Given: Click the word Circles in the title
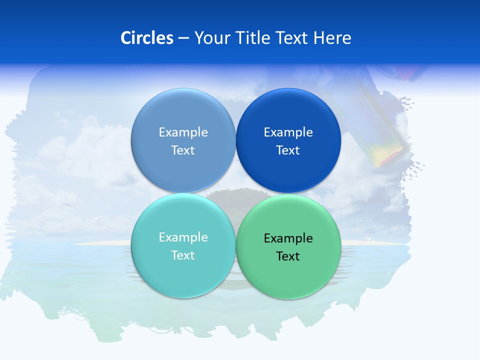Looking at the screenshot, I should click(146, 38).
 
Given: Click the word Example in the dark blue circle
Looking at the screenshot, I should click(288, 132).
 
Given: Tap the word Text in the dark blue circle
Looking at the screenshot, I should click(288, 150).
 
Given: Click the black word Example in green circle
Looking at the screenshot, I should click(288, 238).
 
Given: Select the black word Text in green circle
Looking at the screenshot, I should click(288, 256).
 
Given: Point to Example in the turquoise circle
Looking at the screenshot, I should click(183, 237).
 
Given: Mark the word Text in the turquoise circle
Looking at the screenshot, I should click(183, 255).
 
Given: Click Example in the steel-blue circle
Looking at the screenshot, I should click(183, 132).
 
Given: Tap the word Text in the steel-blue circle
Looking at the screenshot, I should click(183, 150).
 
